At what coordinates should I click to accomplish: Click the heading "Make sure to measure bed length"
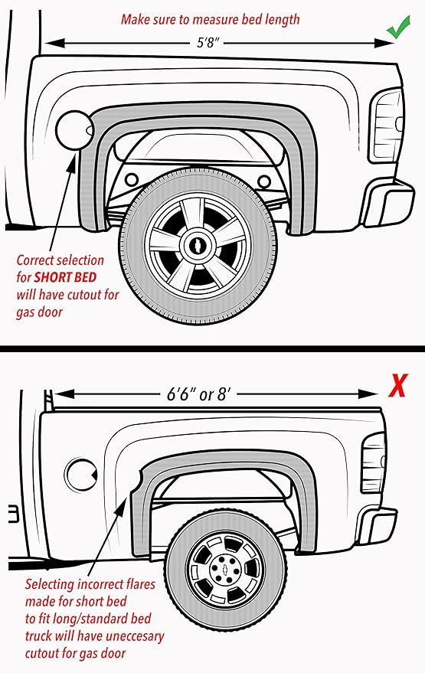pos(210,18)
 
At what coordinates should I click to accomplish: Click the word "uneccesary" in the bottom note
pos(131,636)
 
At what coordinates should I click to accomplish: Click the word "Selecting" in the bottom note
pos(53,586)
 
